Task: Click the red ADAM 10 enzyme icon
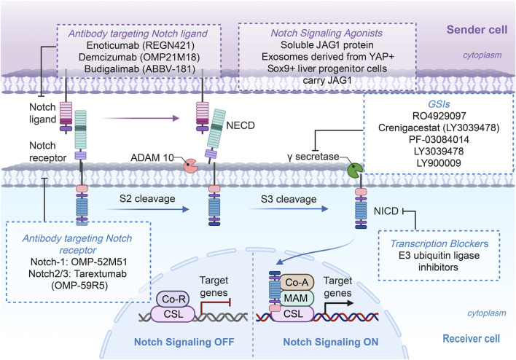(190, 166)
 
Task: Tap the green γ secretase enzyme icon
(355, 171)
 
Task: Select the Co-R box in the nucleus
(173, 299)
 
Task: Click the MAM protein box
(296, 298)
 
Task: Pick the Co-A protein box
(297, 282)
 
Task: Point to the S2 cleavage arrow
(148, 209)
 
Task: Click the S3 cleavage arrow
(289, 209)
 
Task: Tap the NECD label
(241, 125)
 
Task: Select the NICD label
(386, 211)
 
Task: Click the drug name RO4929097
(439, 116)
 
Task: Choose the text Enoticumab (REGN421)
(141, 44)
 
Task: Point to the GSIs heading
(439, 104)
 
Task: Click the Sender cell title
(477, 30)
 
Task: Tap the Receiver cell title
(472, 338)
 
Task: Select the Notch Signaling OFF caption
(184, 342)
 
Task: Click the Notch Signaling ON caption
(331, 342)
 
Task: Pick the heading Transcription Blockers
(439, 243)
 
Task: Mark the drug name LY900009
(439, 163)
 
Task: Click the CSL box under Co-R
(173, 314)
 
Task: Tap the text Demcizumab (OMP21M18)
(139, 57)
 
